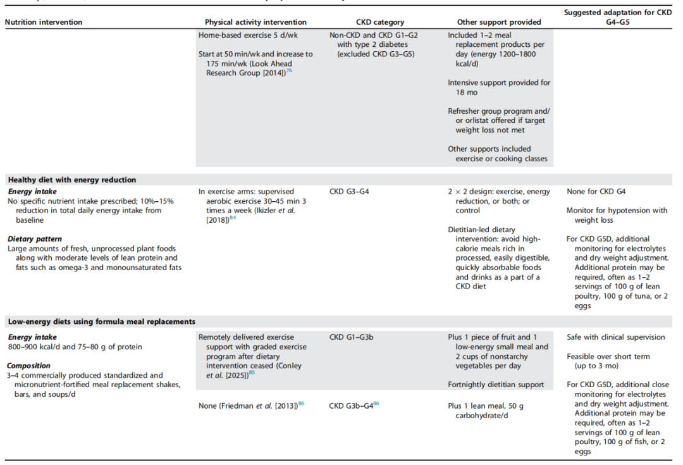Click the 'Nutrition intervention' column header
click(44, 22)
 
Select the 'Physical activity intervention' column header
click(255, 22)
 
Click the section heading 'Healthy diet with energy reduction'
click(72, 180)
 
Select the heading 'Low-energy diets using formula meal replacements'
click(101, 322)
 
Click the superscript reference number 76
click(289, 71)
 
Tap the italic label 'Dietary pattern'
click(34, 239)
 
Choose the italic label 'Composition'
click(29, 366)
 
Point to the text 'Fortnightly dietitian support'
click(496, 385)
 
